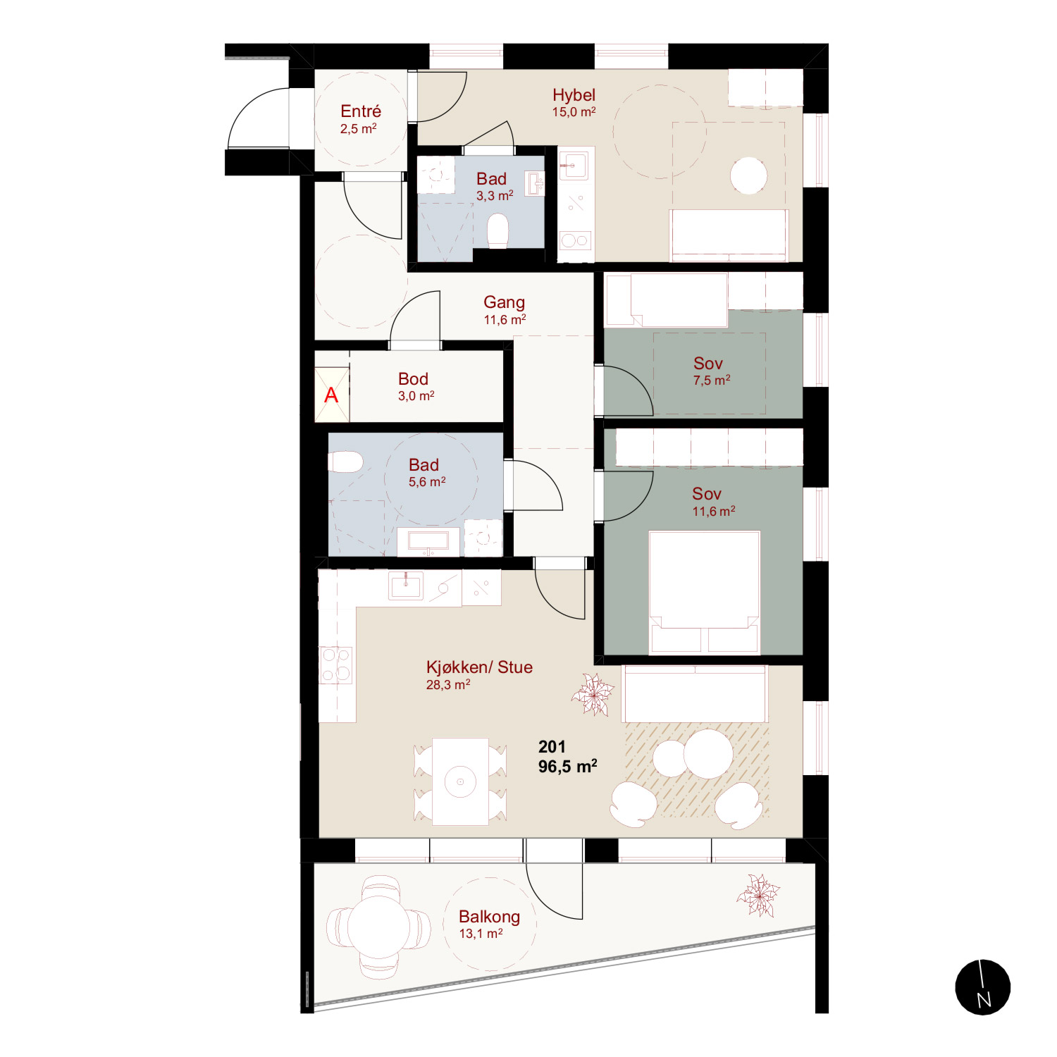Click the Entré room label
click(361, 111)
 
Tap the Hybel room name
click(574, 95)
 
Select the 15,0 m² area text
click(574, 112)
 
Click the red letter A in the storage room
click(331, 395)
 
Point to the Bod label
click(413, 379)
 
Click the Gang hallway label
click(504, 302)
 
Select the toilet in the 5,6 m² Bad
click(345, 462)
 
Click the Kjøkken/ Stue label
click(479, 667)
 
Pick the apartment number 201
click(552, 747)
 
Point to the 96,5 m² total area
click(567, 767)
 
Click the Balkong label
click(489, 917)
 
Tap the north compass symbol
click(983, 987)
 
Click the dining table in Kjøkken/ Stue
click(460, 781)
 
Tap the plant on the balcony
click(758, 896)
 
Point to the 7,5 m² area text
click(711, 381)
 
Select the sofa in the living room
click(694, 693)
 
